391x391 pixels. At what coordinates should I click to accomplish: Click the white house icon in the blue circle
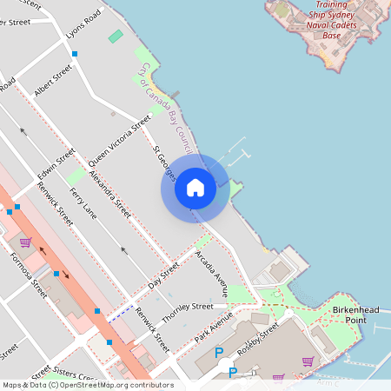tap(195, 188)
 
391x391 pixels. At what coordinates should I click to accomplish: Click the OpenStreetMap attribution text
tap(87, 385)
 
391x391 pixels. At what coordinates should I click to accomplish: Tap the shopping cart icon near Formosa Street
tap(26, 242)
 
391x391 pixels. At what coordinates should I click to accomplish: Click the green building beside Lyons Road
tap(116, 36)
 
